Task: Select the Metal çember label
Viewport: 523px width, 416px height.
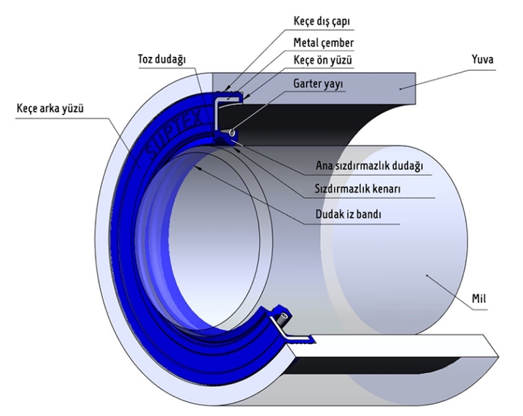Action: pyautogui.click(x=320, y=42)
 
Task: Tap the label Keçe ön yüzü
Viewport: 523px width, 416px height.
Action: pyautogui.click(x=321, y=61)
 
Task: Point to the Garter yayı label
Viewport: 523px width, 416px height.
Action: pyautogui.click(x=314, y=83)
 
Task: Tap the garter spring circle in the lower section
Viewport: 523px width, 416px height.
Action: pyautogui.click(x=284, y=320)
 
